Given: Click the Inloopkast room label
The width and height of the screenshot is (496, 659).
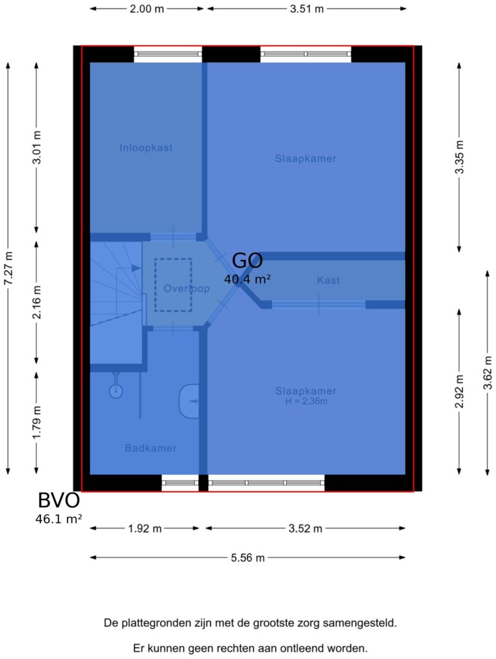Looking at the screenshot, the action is (146, 148).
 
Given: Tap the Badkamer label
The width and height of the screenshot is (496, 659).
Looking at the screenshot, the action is (151, 448).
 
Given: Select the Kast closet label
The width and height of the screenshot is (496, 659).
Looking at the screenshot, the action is (329, 281).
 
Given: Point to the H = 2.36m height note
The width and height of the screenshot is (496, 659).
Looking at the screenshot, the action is (306, 402).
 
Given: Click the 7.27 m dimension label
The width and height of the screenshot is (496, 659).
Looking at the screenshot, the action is (8, 268).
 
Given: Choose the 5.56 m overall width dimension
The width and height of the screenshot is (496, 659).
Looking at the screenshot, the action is (248, 558).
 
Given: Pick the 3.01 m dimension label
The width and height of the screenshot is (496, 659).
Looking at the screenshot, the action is (37, 147).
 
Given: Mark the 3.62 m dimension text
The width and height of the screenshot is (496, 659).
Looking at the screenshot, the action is (487, 373).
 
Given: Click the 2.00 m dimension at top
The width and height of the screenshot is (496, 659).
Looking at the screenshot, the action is (147, 9).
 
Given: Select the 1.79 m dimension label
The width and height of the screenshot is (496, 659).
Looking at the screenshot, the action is (37, 422).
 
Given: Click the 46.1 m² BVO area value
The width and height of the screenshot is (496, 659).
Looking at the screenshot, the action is (59, 519).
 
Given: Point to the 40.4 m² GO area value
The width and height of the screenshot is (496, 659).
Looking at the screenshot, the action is (247, 279).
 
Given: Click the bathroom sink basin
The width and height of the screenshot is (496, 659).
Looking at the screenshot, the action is (189, 402).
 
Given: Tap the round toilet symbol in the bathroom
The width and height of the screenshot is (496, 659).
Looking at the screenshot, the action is (116, 391).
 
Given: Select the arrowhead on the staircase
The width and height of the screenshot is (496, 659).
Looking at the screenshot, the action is (136, 268).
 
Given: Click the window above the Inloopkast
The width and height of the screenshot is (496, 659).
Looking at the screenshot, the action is (168, 54).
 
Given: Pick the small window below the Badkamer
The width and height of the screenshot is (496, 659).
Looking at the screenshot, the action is (180, 483).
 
